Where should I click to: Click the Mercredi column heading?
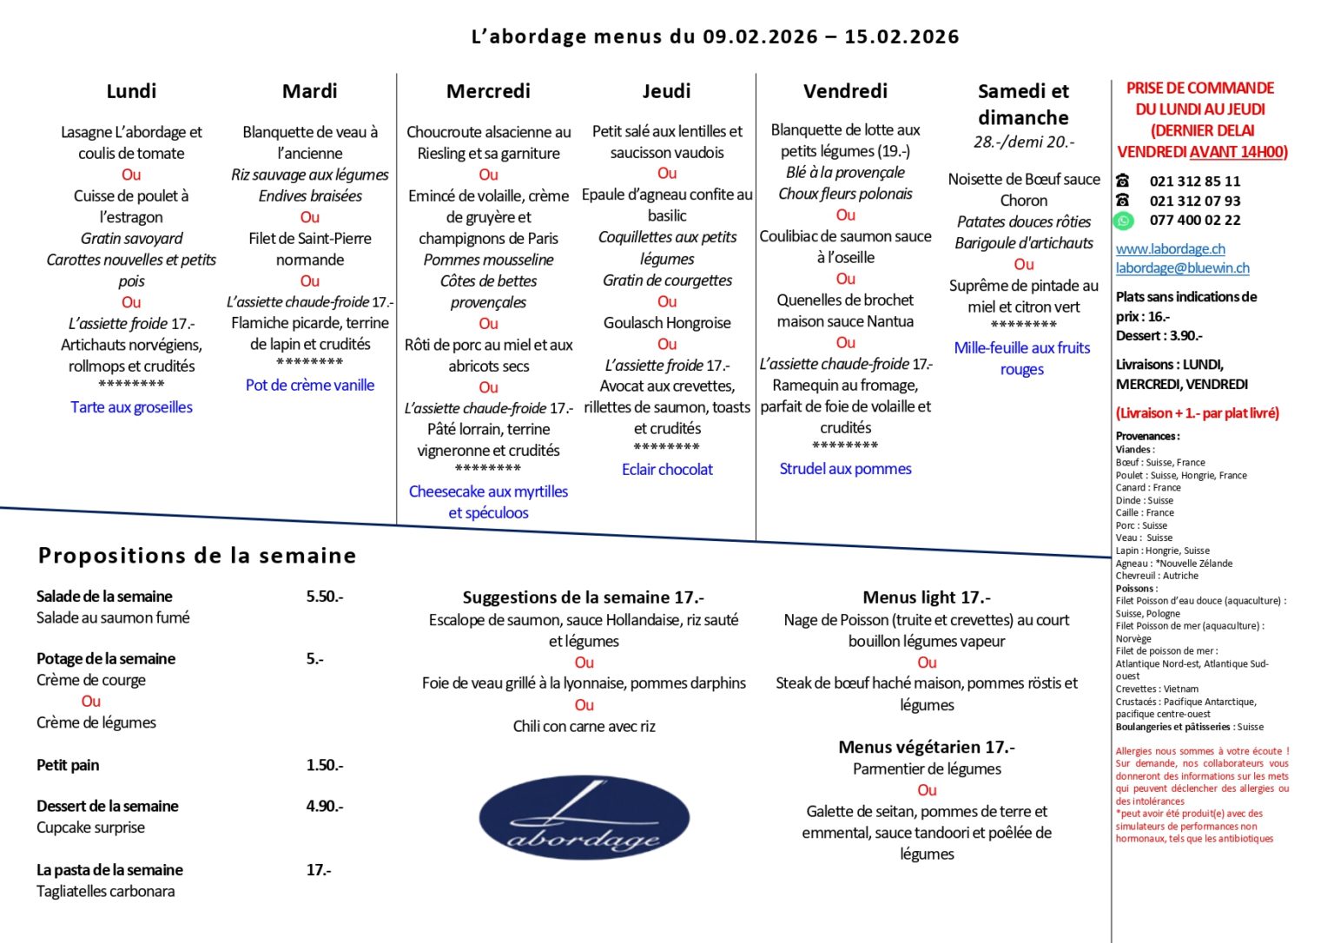(x=488, y=91)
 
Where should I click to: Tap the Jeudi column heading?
(x=666, y=91)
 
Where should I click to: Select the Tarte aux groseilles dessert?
(x=132, y=407)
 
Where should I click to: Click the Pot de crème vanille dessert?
(x=310, y=385)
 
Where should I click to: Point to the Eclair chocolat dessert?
(x=667, y=469)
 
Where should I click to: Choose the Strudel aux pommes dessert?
(x=845, y=469)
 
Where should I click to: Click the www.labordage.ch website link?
(x=1170, y=248)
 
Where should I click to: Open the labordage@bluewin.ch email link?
(x=1182, y=268)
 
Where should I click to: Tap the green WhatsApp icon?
(x=1123, y=221)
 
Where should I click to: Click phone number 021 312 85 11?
(x=1194, y=181)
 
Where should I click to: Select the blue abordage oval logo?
(x=584, y=817)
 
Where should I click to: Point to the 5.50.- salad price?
(x=325, y=597)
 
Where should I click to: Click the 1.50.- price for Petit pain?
(x=325, y=765)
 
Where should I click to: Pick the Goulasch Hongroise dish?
(x=667, y=323)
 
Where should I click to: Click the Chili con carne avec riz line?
(x=584, y=726)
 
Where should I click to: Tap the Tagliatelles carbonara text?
(x=105, y=891)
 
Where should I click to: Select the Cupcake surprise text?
(x=90, y=828)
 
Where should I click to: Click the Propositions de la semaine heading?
(x=197, y=556)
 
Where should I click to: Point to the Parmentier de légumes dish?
(x=927, y=768)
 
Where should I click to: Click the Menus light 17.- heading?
(x=926, y=597)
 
